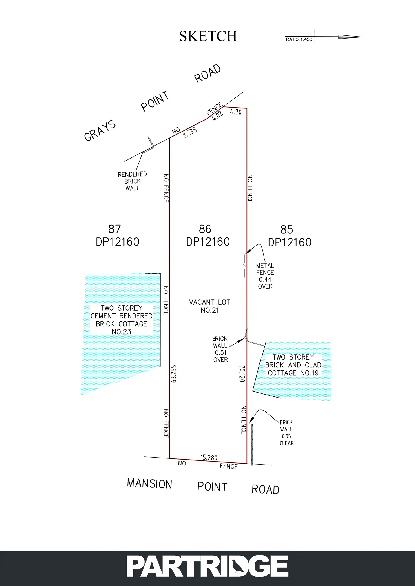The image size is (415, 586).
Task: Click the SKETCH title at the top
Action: [208, 37]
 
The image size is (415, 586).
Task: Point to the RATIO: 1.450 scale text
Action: [299, 39]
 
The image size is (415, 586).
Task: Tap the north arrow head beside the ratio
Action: [350, 37]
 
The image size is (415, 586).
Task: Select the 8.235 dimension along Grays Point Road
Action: [190, 132]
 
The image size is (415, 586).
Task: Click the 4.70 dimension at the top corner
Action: [236, 112]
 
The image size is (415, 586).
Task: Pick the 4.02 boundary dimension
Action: [217, 116]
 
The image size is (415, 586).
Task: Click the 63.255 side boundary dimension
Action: [174, 374]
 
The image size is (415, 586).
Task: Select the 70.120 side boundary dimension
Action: [242, 374]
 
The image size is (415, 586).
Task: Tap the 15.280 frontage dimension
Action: [209, 458]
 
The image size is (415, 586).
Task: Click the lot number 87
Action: [114, 229]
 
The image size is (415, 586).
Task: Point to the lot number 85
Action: [287, 230]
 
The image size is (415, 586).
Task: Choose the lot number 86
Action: [205, 229]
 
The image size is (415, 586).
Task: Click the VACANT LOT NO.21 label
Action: [209, 306]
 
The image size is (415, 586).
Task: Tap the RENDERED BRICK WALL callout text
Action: [132, 181]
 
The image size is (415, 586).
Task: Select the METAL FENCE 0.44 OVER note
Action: [265, 276]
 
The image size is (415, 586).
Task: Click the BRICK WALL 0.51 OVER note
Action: [220, 349]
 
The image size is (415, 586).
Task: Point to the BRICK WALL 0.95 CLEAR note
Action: [286, 433]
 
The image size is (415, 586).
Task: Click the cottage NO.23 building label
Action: [122, 320]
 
